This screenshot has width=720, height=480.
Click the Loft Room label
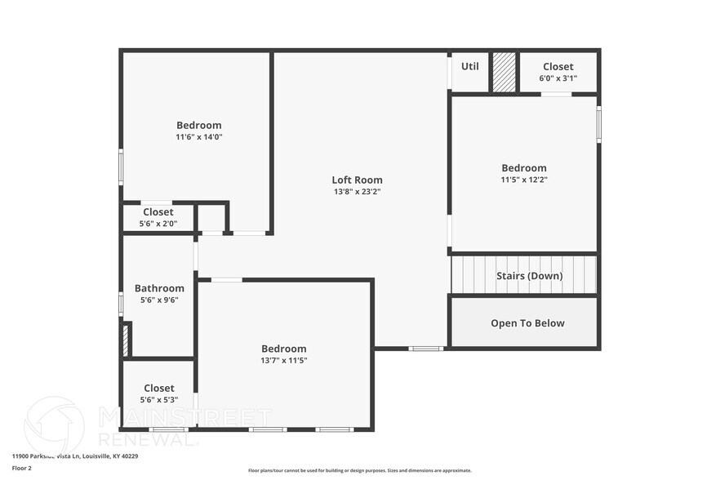click(x=357, y=180)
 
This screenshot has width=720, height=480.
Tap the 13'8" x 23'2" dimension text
click(x=357, y=192)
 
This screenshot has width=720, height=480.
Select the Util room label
click(x=470, y=66)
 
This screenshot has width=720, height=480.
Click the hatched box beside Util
click(x=504, y=73)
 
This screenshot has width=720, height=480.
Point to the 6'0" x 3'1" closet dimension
click(x=558, y=78)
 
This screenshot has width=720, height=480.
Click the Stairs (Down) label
click(x=529, y=276)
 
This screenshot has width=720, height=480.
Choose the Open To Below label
click(x=527, y=323)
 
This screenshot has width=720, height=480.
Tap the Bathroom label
click(x=159, y=288)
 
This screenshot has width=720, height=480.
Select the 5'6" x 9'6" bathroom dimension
click(x=159, y=300)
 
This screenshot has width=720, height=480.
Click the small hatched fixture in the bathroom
click(x=126, y=340)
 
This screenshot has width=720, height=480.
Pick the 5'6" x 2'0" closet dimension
click(x=158, y=223)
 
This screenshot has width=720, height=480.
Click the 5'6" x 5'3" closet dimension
click(x=158, y=400)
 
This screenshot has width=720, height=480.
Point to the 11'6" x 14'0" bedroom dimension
click(x=198, y=137)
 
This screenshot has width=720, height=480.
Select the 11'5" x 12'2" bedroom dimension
click(x=523, y=180)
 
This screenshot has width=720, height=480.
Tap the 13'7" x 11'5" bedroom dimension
click(x=283, y=360)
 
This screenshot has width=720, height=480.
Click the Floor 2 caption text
click(x=22, y=469)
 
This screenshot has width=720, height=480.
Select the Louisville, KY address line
click(x=75, y=456)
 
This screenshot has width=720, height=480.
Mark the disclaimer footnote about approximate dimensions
click(x=359, y=470)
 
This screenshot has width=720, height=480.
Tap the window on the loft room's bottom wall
click(x=425, y=349)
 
